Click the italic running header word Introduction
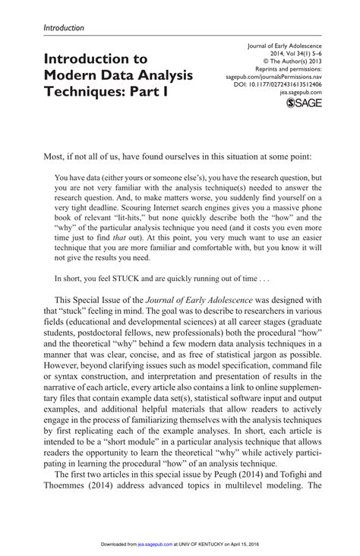click(x=63, y=28)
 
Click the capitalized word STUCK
click(x=143, y=278)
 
